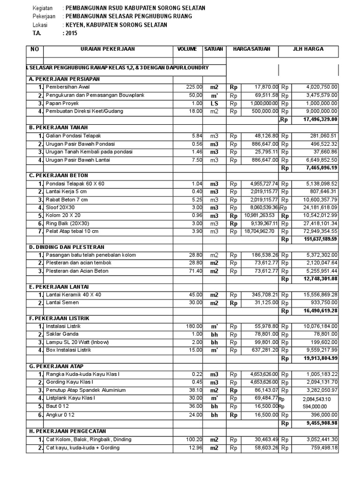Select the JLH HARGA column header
pyautogui.click(x=308, y=49)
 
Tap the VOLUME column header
pyautogui.click(x=187, y=49)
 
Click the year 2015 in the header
pyautogui.click(x=72, y=34)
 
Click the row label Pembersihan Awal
pyautogui.click(x=67, y=87)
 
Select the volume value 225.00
pyautogui.click(x=194, y=87)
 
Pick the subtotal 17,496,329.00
pyautogui.click(x=321, y=120)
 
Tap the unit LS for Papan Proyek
pyautogui.click(x=214, y=103)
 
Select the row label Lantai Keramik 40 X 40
pyautogui.click(x=73, y=294)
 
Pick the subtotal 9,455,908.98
pyautogui.click(x=320, y=423)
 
